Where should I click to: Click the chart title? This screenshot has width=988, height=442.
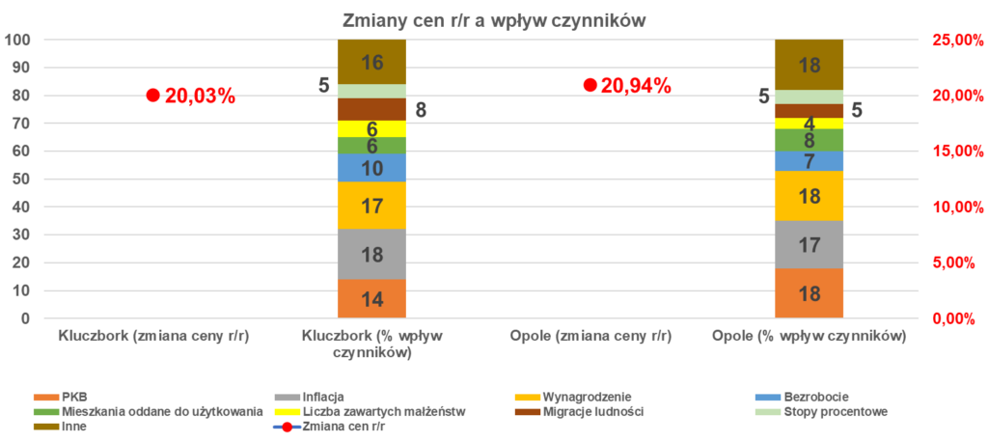pos(493,20)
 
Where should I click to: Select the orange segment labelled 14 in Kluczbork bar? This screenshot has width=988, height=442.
pos(371,299)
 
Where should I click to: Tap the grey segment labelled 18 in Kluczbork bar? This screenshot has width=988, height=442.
pos(371,254)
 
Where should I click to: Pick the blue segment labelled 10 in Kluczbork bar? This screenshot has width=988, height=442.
pos(371,168)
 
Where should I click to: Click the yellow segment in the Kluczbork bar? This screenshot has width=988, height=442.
pos(371,128)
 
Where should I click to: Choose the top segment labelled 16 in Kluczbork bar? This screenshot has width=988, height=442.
pos(371,62)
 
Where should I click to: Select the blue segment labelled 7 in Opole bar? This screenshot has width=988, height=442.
pos(810,160)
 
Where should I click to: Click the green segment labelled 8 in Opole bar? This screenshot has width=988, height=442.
pos(810,140)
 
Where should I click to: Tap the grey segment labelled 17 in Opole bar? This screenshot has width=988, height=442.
pos(810,244)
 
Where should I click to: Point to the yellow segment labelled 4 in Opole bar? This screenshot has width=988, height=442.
pos(810,124)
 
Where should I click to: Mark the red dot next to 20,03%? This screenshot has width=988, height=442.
pos(152,95)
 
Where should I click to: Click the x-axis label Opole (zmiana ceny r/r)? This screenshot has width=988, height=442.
pos(590,337)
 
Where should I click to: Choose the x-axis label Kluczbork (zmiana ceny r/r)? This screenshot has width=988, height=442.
pos(153,337)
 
